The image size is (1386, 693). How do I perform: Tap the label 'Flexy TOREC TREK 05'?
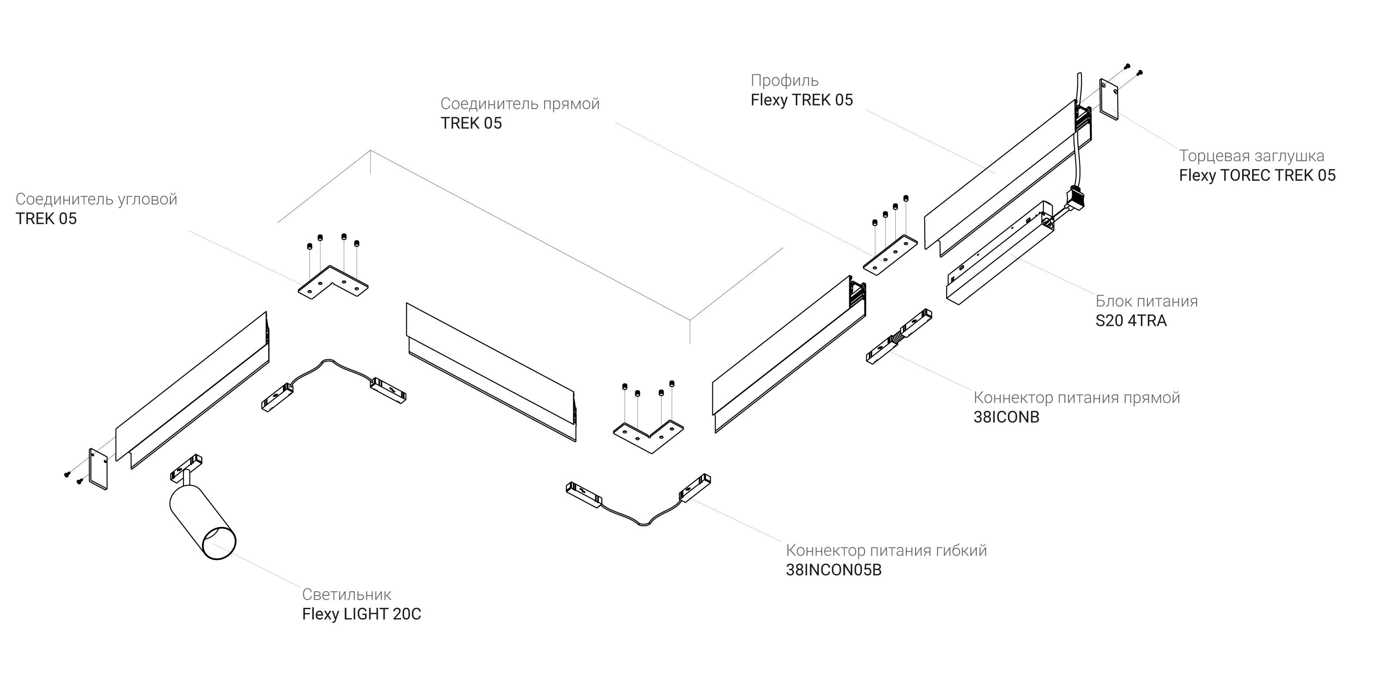[1257, 176]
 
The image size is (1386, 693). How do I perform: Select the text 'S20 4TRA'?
[1131, 321]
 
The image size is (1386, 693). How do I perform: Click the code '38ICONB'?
[1006, 417]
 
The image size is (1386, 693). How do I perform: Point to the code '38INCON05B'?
[834, 570]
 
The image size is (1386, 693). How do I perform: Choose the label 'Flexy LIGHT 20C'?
[362, 614]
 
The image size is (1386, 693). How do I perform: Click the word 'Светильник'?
[346, 594]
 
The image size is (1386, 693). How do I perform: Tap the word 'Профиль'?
[784, 81]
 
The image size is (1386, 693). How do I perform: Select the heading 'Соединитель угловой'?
[96, 199]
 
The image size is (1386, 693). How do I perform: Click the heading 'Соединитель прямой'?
[520, 104]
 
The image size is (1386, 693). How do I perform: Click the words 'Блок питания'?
[1147, 301]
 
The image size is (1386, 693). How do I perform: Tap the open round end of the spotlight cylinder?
[218, 544]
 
